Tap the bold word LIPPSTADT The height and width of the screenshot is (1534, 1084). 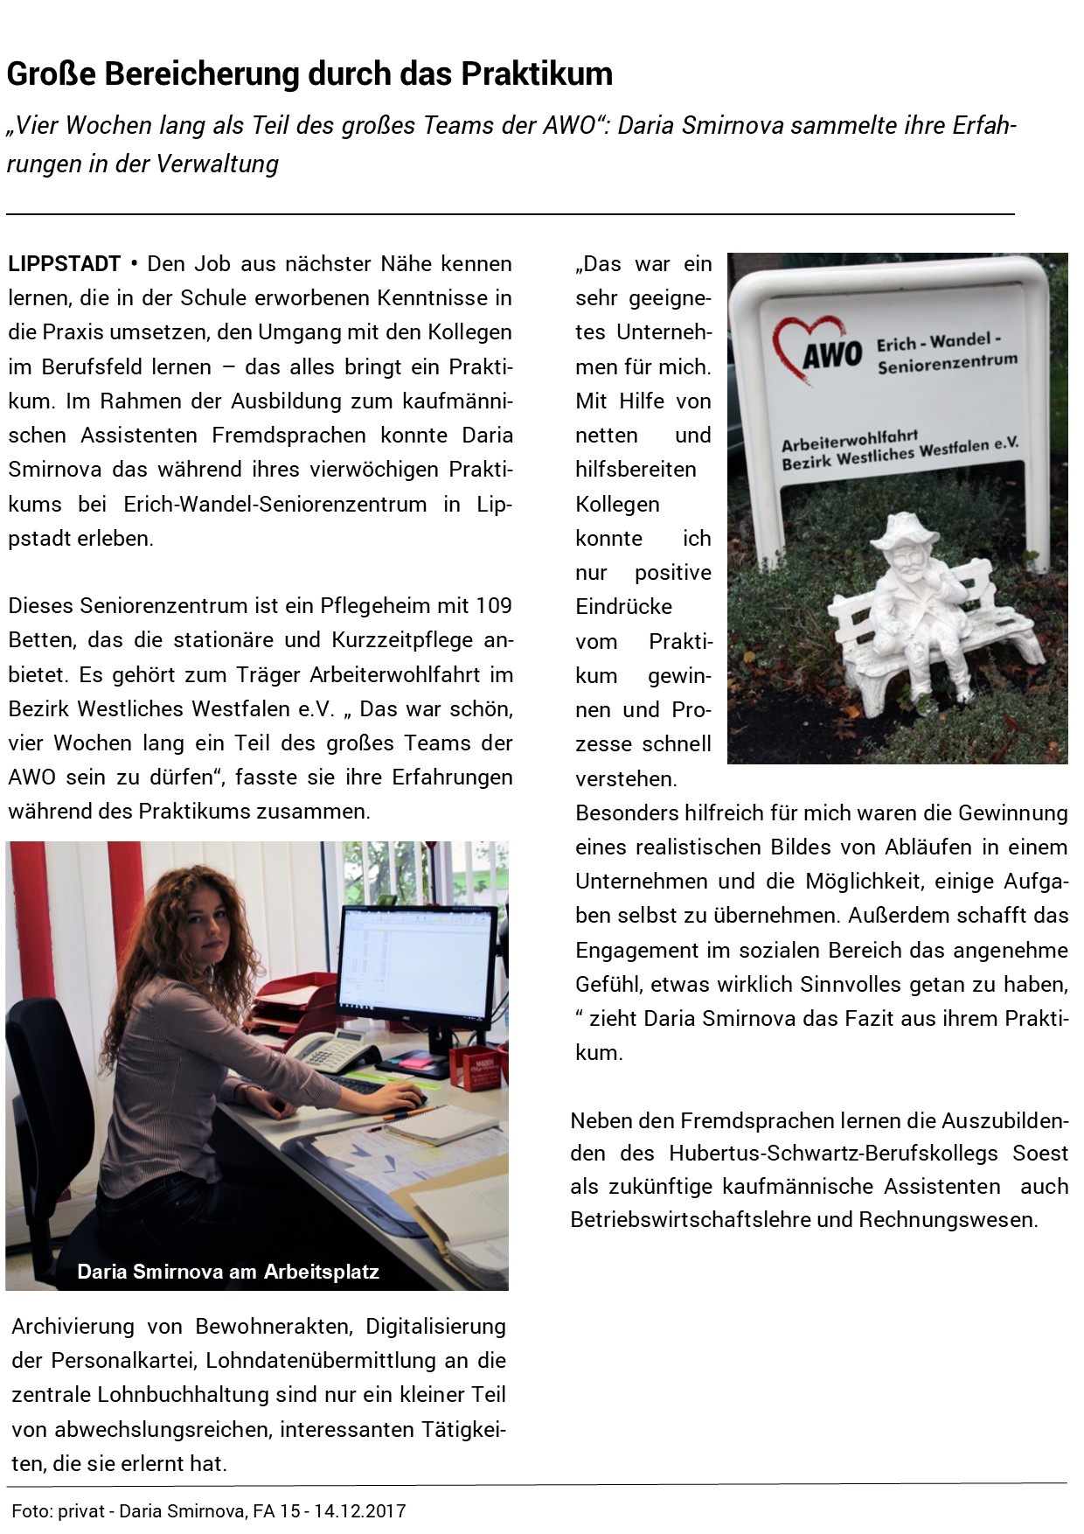point(65,263)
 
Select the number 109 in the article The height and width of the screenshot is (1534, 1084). point(494,605)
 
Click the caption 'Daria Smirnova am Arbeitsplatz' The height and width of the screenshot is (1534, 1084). point(228,1271)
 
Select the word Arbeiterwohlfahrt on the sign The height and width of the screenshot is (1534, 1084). point(837,441)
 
